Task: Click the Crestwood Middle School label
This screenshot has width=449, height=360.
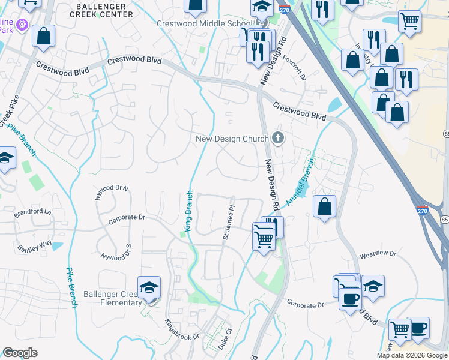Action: pos(205,23)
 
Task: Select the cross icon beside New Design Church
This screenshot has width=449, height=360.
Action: pos(277,139)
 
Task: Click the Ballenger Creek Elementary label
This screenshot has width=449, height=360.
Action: pos(113,298)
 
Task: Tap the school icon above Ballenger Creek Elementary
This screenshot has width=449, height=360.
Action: pos(149,287)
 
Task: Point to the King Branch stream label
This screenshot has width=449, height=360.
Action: pos(188,211)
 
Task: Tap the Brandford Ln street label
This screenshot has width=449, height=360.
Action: pos(33,212)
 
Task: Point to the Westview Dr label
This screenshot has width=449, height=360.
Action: pos(378,255)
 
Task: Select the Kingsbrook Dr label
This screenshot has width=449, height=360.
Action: pos(182,330)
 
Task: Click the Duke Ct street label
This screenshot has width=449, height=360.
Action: pos(225,339)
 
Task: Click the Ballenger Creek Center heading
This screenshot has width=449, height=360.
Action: pos(101,10)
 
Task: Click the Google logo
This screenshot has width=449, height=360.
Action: pos(20,352)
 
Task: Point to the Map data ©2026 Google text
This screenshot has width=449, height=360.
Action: pos(411,355)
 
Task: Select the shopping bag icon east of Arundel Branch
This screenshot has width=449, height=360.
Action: pos(324,206)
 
